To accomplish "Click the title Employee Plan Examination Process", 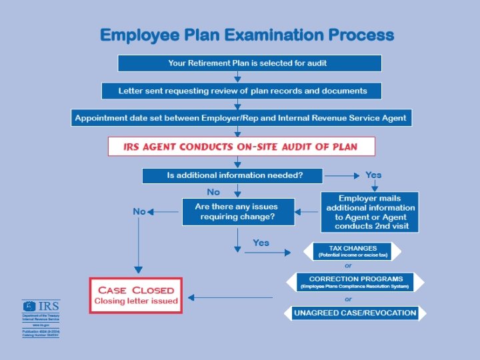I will pyautogui.click(x=247, y=35).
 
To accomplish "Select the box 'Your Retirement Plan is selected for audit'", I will pyautogui.click(x=249, y=63).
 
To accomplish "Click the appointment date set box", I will pyautogui.click(x=240, y=118).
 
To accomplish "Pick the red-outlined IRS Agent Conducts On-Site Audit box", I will pyautogui.click(x=241, y=147).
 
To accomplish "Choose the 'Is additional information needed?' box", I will pyautogui.click(x=232, y=176).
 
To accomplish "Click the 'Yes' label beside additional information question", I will pyautogui.click(x=373, y=175).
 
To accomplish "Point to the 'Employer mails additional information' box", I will pyautogui.click(x=370, y=212).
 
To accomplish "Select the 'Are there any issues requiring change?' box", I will pyautogui.click(x=237, y=212).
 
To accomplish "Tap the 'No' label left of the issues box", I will pyautogui.click(x=139, y=211).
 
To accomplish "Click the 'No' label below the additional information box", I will pyautogui.click(x=213, y=192).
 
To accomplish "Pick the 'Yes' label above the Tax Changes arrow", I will pyautogui.click(x=261, y=243).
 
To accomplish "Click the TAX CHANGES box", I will pyautogui.click(x=352, y=251).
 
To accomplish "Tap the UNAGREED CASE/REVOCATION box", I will pyautogui.click(x=355, y=313).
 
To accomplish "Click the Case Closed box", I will pyautogui.click(x=136, y=295).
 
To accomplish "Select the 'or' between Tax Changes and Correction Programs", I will pyautogui.click(x=348, y=266).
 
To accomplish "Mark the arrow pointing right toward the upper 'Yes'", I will pyautogui.click(x=342, y=176).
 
